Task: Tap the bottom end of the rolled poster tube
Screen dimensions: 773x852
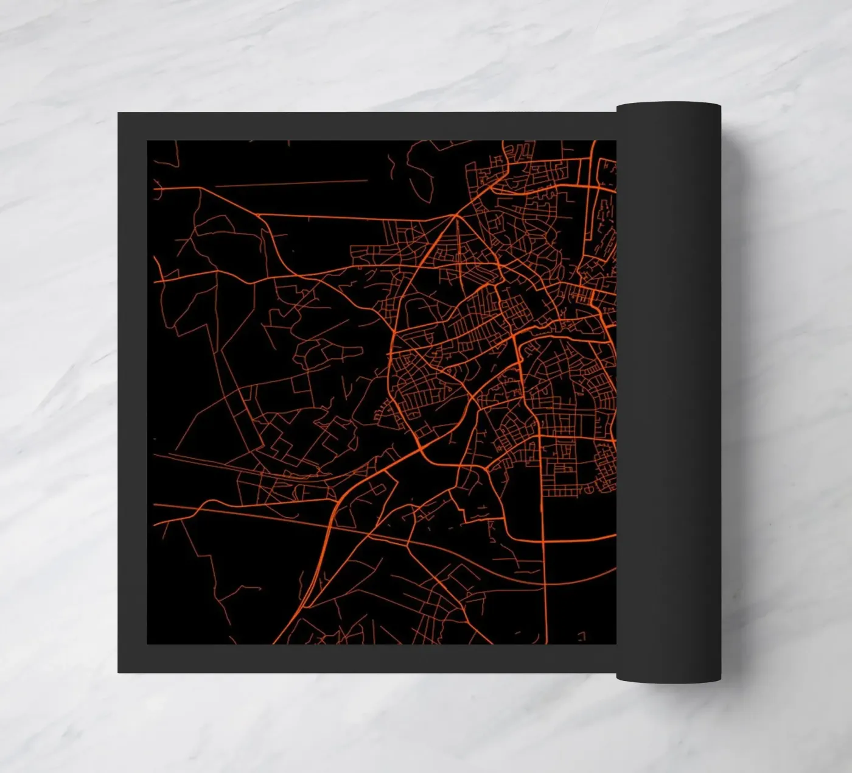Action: click(x=668, y=677)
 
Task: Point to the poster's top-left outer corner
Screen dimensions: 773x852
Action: click(x=119, y=113)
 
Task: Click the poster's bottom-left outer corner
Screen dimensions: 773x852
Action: click(x=119, y=672)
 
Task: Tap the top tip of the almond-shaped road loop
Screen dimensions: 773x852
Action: click(x=457, y=216)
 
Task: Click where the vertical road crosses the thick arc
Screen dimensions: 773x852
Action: click(x=541, y=541)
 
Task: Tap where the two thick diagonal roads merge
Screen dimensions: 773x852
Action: click(x=420, y=451)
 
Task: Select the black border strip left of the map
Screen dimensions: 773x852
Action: click(x=133, y=390)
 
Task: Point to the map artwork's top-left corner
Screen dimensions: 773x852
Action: click(x=148, y=141)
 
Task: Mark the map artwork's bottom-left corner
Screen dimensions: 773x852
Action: click(x=148, y=643)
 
